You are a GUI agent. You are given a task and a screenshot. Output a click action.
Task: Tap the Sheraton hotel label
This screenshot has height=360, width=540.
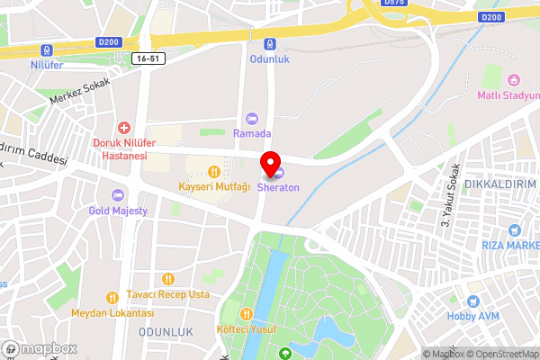(278, 188)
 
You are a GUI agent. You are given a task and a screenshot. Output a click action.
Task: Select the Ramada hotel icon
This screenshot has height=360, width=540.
(252, 119)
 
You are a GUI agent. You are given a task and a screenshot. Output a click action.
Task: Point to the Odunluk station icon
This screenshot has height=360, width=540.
(269, 44)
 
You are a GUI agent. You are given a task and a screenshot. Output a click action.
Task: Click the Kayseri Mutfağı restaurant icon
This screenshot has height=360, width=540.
(214, 171)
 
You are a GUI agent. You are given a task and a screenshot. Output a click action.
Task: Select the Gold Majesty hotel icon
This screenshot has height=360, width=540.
(117, 195)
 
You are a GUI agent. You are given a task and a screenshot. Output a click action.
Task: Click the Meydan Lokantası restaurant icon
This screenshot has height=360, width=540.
(112, 297)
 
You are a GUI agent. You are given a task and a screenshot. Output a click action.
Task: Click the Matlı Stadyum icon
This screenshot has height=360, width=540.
(513, 79)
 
